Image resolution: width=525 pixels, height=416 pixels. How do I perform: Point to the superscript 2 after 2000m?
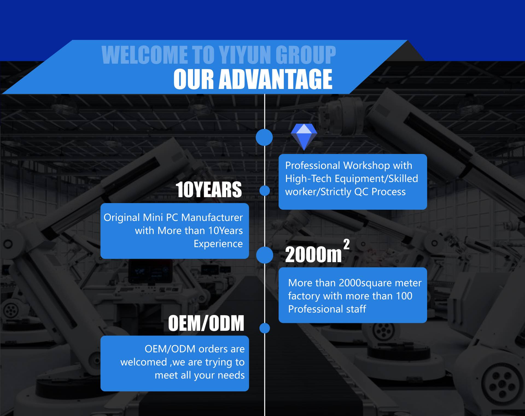(346, 244)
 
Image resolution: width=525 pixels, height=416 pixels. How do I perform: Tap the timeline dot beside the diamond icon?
(264, 137)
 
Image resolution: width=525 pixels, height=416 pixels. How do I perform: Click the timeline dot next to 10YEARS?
(264, 191)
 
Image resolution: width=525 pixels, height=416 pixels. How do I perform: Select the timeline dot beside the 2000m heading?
(264, 255)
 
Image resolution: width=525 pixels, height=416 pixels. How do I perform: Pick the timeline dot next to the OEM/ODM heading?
(264, 328)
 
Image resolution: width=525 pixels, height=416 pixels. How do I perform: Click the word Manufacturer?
(212, 218)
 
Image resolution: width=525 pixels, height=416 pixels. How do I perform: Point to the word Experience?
(218, 244)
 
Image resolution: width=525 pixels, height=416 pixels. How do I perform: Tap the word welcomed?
(144, 362)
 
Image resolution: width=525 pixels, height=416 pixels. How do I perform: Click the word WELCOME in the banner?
(145, 55)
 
